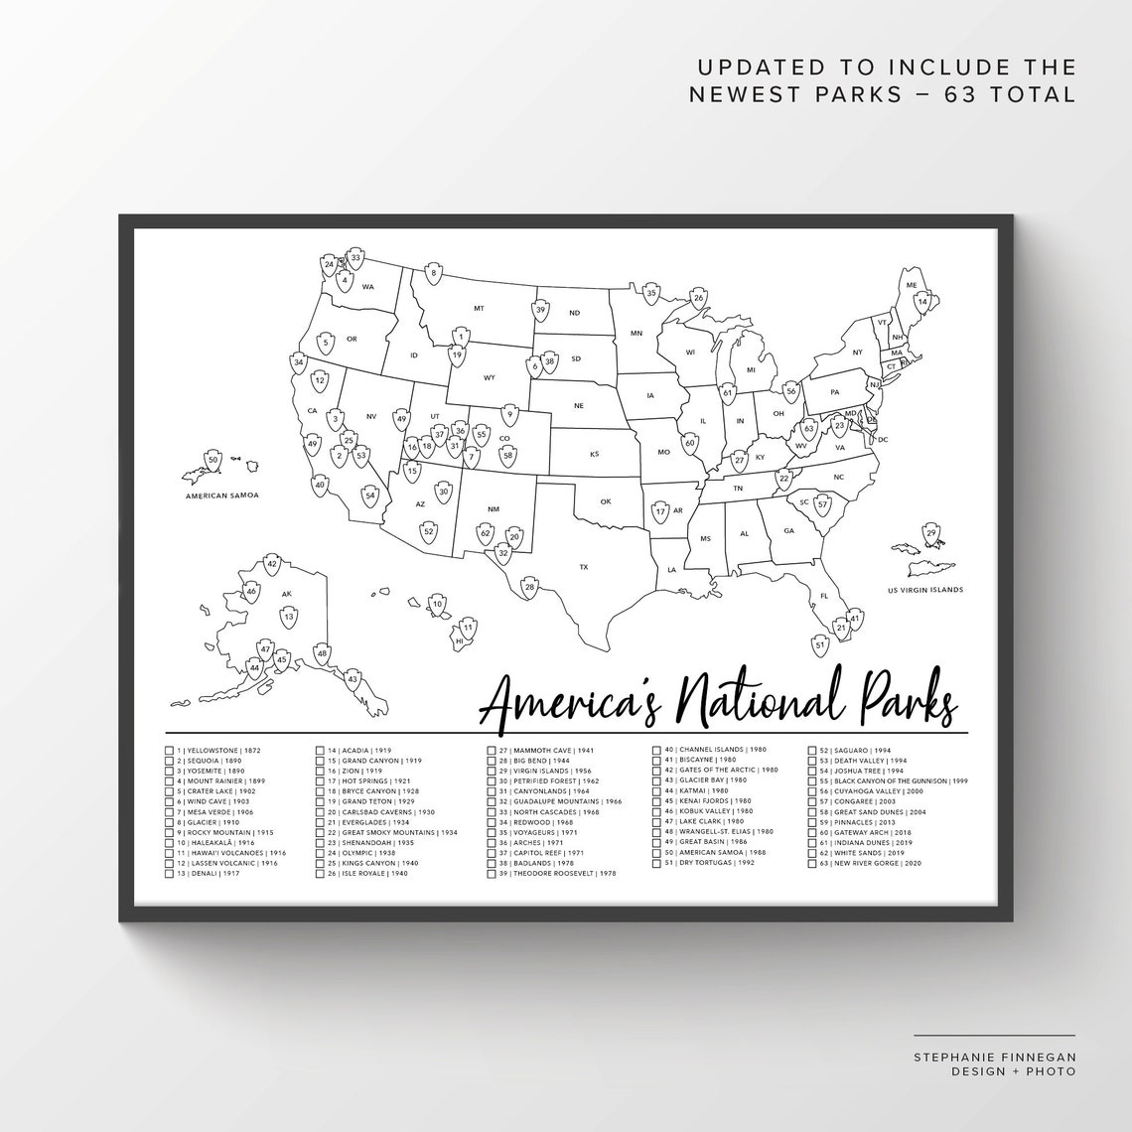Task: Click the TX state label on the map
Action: tap(584, 567)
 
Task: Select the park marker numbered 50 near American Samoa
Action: tap(212, 460)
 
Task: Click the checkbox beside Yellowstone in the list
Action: tap(170, 751)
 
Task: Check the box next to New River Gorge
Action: tap(811, 864)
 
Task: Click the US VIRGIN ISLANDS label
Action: tap(925, 590)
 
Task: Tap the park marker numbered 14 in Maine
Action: tap(922, 301)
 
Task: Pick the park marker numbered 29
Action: tap(930, 534)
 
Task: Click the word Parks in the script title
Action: tap(900, 703)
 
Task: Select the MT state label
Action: tap(479, 309)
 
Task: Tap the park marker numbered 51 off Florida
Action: tap(820, 645)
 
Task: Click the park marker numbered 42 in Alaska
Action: tap(272, 564)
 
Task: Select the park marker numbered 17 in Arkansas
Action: tap(660, 511)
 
